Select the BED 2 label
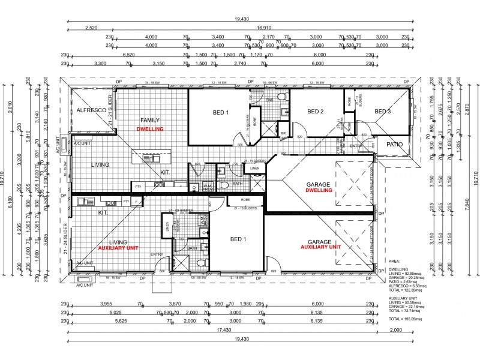coord(316,111)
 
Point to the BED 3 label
coord(383,111)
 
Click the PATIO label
coord(394,145)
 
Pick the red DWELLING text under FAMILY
coord(150,129)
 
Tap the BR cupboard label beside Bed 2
coord(283,132)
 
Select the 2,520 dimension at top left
coord(91,28)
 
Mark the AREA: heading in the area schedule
coord(395,262)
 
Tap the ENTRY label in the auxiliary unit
coord(157,254)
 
